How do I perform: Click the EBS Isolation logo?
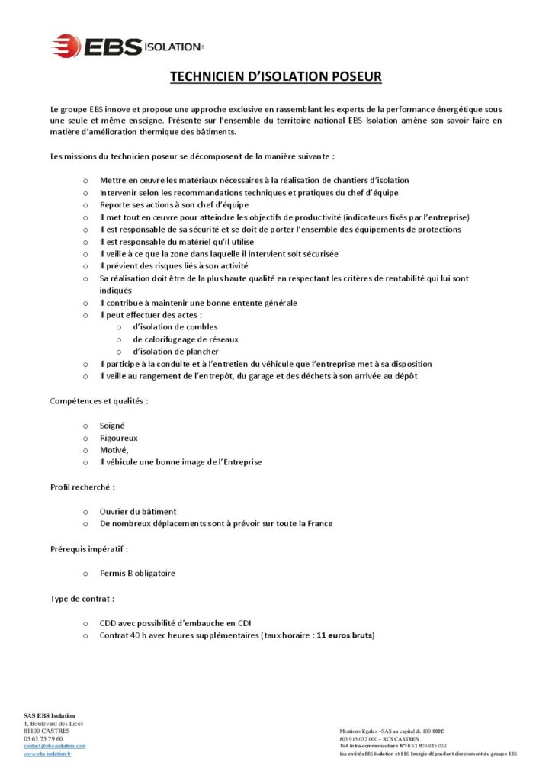(x=127, y=46)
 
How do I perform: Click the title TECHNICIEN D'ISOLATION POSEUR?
(x=275, y=77)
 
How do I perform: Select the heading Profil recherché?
(x=82, y=486)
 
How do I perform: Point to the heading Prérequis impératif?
(x=89, y=548)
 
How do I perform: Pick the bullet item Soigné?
(x=112, y=425)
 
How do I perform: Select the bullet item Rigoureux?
(x=118, y=438)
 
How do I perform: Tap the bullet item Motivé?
(x=114, y=450)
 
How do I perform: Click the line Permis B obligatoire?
(x=142, y=573)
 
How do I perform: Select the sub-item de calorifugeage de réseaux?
(x=185, y=339)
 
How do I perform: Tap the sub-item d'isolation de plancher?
(x=175, y=352)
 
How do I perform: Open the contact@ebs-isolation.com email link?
(x=55, y=745)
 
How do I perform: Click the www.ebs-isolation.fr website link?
(x=47, y=754)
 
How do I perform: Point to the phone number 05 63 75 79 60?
(x=43, y=738)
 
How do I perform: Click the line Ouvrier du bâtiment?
(x=137, y=511)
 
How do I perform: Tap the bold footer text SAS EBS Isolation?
(x=50, y=715)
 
